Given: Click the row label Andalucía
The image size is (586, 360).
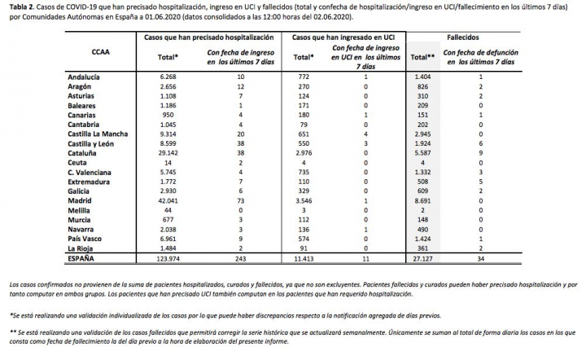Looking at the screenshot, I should point(85,75).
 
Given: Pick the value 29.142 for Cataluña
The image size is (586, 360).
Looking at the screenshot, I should point(173,152).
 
